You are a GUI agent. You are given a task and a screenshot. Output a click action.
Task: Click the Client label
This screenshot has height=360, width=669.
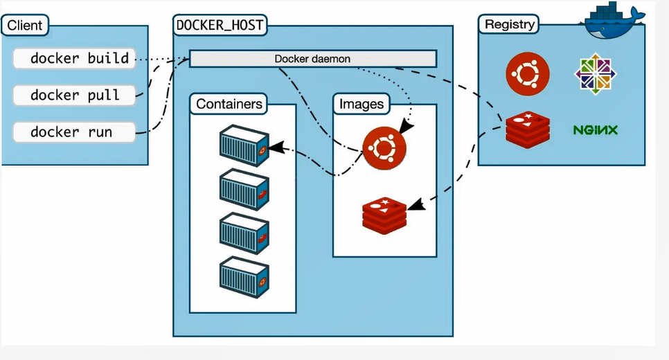tap(25, 26)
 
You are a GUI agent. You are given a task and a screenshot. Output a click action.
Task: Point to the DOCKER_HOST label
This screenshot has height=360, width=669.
tap(219, 25)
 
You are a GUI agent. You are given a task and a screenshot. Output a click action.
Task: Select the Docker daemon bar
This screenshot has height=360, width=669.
tap(313, 59)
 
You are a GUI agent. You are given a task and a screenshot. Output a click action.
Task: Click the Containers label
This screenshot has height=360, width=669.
tap(229, 104)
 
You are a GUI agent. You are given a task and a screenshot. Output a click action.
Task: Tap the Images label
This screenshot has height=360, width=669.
tap(361, 104)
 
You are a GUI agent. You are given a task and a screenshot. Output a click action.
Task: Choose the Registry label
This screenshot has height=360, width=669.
tap(510, 24)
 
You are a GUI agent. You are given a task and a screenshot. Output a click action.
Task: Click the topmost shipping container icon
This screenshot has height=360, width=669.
tap(244, 145)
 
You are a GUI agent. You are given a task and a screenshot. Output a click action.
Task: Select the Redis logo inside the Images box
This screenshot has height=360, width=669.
tap(384, 215)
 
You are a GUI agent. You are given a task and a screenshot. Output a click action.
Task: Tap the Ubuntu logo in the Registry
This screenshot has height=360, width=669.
tap(528, 73)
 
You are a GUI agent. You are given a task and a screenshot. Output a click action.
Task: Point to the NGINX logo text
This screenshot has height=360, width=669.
tap(595, 129)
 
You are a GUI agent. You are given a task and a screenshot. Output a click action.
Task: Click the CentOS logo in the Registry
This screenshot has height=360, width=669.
tap(596, 73)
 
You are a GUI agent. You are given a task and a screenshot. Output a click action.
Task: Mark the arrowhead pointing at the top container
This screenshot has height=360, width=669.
tap(275, 147)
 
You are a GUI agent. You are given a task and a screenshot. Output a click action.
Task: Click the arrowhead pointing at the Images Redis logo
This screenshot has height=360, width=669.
tap(416, 204)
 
